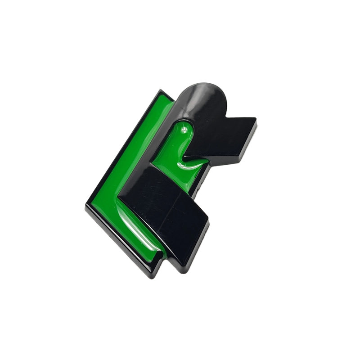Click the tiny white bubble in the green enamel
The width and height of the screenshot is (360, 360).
[x=185, y=130]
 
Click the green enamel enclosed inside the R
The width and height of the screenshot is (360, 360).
[x=180, y=144]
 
